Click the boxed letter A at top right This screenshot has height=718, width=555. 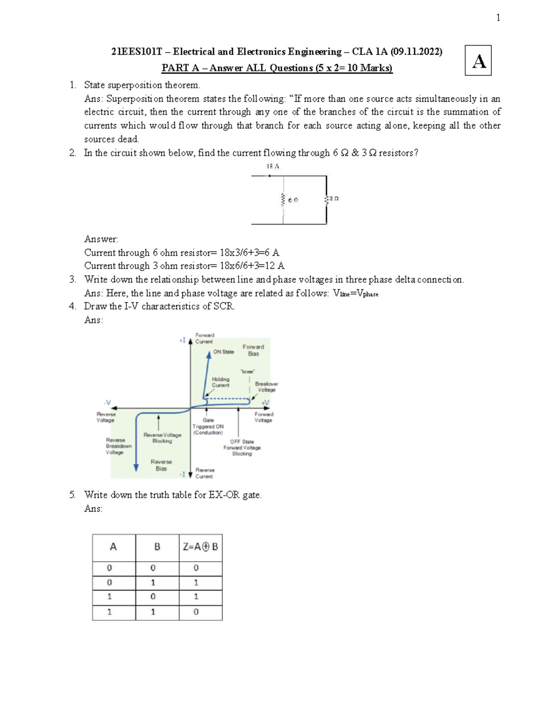(x=478, y=61)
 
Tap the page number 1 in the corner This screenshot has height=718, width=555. (x=498, y=18)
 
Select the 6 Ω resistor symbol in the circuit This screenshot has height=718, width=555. (x=283, y=200)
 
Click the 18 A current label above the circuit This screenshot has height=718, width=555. (x=273, y=166)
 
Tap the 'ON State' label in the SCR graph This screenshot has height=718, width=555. (x=223, y=352)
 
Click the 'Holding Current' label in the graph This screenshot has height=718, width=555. (x=221, y=382)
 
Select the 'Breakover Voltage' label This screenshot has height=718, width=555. (x=266, y=387)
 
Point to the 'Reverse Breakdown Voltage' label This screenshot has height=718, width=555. (x=118, y=446)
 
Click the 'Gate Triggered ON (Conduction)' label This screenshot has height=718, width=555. (x=208, y=426)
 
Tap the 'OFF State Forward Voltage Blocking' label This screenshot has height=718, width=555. (x=242, y=448)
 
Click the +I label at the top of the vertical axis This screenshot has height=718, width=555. (x=182, y=340)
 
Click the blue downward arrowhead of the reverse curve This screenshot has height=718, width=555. (x=136, y=468)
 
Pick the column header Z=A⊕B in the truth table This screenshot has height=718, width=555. (x=200, y=547)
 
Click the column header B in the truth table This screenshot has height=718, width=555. (x=157, y=547)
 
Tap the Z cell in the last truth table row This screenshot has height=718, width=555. (x=196, y=612)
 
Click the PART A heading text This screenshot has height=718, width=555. (x=277, y=68)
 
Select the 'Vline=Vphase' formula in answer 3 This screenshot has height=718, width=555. (x=355, y=294)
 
